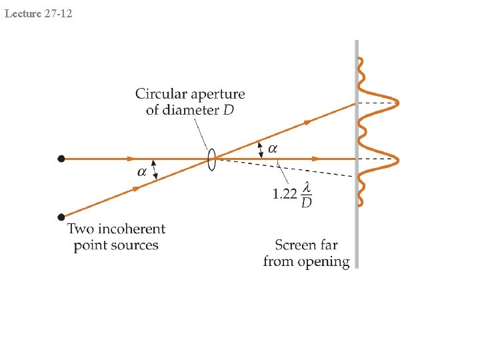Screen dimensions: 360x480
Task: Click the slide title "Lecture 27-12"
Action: tap(38, 11)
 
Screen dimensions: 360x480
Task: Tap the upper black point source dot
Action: tap(61, 159)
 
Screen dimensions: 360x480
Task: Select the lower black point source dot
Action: tap(61, 217)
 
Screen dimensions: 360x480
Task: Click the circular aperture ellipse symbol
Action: tap(211, 159)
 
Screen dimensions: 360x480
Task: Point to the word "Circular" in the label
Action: tap(161, 94)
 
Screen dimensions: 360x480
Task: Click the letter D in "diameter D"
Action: tap(229, 109)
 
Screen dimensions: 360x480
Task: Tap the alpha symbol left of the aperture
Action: tap(143, 172)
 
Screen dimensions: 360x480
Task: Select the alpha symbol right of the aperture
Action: tap(273, 147)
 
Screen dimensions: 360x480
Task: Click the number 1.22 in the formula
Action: tap(285, 195)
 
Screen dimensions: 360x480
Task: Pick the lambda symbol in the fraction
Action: tap(307, 188)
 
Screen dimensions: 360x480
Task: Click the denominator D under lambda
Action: tap(307, 202)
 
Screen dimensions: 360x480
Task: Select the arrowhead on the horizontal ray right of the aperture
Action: tap(316, 159)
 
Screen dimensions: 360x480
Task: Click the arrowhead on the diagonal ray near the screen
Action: tap(309, 121)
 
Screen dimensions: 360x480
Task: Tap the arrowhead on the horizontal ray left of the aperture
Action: tap(130, 159)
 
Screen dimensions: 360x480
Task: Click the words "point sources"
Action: tap(116, 245)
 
